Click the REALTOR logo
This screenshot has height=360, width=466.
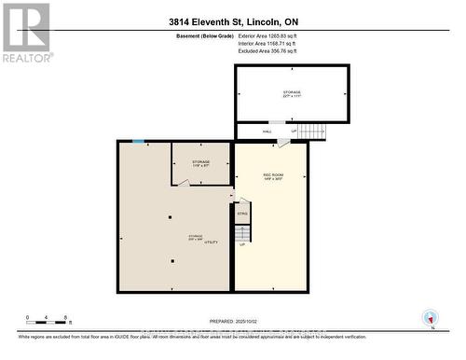(x=26, y=32)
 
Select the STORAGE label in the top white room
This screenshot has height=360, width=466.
(x=292, y=92)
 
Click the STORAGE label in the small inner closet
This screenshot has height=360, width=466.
(x=200, y=162)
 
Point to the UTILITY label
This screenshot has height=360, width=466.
(x=212, y=242)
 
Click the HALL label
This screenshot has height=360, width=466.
(x=267, y=132)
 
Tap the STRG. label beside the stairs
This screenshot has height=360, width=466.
(x=241, y=215)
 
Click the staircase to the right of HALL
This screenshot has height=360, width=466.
(x=312, y=132)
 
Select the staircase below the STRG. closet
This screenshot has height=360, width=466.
(x=242, y=234)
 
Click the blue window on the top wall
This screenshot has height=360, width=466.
(x=138, y=142)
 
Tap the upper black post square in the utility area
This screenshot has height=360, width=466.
(x=170, y=218)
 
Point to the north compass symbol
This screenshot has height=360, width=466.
(x=430, y=317)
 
